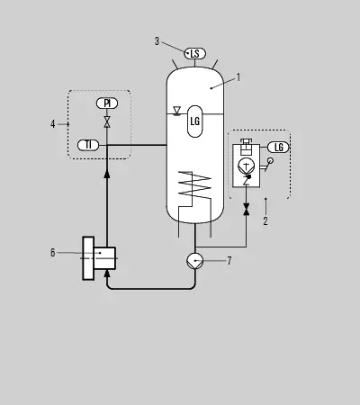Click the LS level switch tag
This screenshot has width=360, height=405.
195,54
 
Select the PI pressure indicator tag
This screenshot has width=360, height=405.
107,103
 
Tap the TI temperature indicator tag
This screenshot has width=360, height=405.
88,145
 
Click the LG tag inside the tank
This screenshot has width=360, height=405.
195,121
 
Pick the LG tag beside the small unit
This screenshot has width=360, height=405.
278,148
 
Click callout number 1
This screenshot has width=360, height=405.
238,77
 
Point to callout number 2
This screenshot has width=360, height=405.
265,221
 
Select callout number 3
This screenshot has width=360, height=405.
157,41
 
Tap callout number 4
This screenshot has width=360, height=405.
53,124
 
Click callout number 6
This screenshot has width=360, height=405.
53,253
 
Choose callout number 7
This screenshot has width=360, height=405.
229,261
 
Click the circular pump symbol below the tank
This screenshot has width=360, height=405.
195,261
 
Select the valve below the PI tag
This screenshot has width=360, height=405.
107,122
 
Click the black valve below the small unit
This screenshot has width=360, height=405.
247,209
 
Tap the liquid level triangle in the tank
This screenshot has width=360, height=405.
177,111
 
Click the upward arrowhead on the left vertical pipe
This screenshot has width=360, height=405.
107,174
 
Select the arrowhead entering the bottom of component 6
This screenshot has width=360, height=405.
107,274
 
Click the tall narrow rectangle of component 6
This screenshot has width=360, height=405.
88,258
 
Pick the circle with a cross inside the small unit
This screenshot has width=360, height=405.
246,166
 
